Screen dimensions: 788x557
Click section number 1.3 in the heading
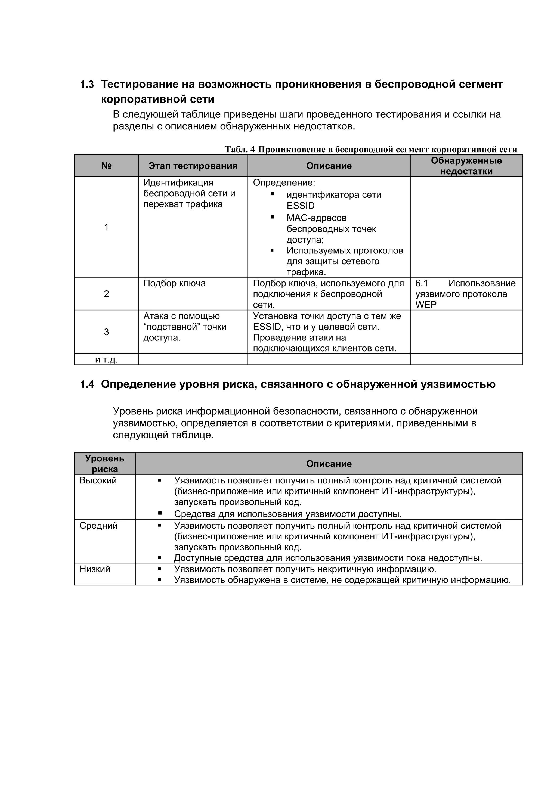[x=87, y=84]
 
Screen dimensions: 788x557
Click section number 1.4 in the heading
[x=87, y=384]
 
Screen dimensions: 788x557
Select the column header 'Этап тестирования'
[x=193, y=166]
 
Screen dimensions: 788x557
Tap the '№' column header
[x=106, y=166]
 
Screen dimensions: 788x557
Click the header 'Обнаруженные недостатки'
[x=466, y=166]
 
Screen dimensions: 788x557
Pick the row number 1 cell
[x=106, y=227]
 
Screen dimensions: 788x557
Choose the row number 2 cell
[x=106, y=294]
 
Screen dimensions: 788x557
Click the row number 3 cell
[x=106, y=332]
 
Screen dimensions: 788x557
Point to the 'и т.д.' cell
[x=106, y=360]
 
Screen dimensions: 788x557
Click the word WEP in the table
[x=426, y=305]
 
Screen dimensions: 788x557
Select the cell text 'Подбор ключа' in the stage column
[x=174, y=284]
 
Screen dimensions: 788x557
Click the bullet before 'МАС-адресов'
[x=272, y=217]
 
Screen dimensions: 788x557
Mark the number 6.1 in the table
[x=422, y=284]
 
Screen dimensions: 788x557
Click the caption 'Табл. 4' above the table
[x=240, y=149]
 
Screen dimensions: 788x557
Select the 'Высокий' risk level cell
[x=98, y=480]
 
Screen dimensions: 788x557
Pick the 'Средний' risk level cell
[x=98, y=526]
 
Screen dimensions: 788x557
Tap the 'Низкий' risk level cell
[x=95, y=569]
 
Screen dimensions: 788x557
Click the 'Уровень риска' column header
[x=105, y=464]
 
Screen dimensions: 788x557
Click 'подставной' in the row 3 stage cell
[x=173, y=327]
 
